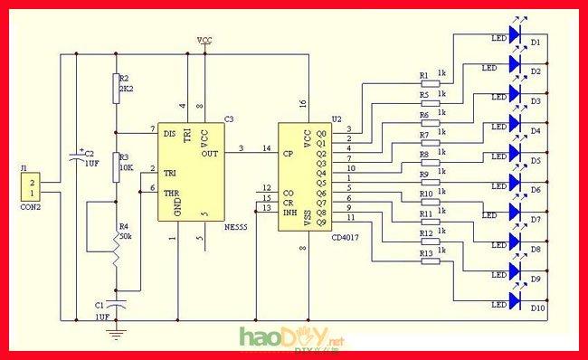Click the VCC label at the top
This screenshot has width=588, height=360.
[x=205, y=41]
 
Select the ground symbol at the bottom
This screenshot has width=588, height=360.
[x=116, y=335]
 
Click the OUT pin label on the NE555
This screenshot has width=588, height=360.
[x=210, y=153]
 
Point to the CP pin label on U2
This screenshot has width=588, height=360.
[x=288, y=153]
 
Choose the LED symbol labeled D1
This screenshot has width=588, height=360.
[x=517, y=34]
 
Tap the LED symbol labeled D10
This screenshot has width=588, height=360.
[x=517, y=299]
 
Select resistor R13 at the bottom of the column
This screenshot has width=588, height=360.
[x=429, y=263]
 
